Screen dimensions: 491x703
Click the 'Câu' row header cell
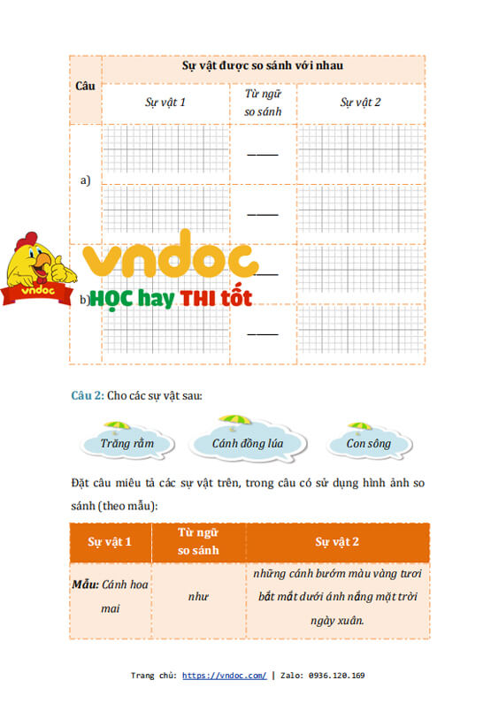(85, 86)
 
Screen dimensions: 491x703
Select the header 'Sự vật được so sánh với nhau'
(263, 66)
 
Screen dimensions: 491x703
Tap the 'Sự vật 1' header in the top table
(165, 103)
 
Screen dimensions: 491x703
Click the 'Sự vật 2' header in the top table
(360, 103)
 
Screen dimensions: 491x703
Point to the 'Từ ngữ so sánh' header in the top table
(262, 102)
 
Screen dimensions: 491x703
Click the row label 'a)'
(86, 180)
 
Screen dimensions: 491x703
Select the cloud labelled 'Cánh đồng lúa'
(247, 442)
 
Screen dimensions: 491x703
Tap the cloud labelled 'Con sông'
(368, 443)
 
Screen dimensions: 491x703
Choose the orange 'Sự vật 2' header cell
(337, 541)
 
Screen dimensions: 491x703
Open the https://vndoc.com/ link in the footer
(224, 676)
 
